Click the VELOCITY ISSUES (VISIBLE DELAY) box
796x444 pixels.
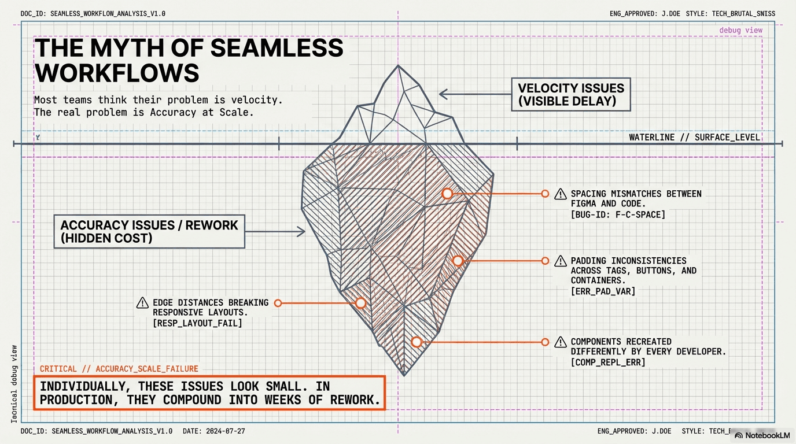pos(570,95)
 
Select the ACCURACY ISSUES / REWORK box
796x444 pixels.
pos(149,231)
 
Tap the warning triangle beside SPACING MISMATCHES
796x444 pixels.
pos(560,194)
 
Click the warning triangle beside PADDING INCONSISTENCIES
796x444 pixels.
pos(560,261)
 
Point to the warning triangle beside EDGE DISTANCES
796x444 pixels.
pos(142,303)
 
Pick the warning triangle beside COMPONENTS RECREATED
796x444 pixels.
pos(560,342)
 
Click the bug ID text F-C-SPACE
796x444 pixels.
pos(618,214)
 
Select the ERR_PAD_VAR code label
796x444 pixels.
pos(603,291)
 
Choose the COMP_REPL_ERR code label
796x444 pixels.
pos(607,362)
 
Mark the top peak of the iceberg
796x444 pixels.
pos(398,66)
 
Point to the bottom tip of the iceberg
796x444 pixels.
pos(404,375)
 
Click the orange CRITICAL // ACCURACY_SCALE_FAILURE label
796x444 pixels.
pos(119,369)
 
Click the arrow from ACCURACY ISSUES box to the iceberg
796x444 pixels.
pos(275,232)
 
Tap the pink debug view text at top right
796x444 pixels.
pos(740,30)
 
